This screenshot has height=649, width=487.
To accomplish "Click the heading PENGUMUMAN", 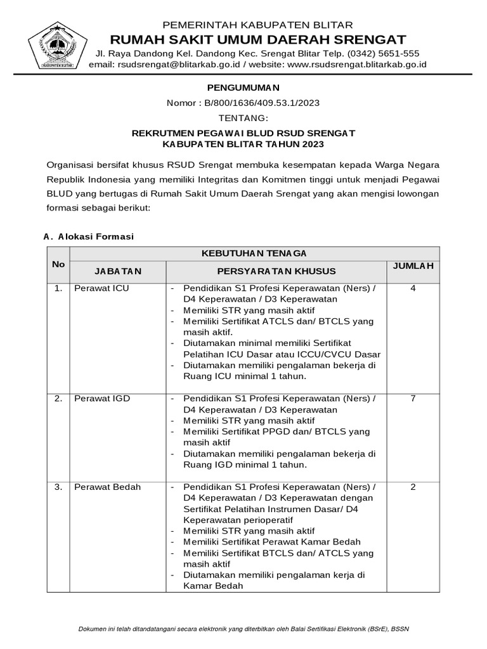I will coord(243,87).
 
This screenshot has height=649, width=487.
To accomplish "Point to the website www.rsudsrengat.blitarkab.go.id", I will coord(357,64).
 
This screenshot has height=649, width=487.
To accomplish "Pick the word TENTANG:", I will coord(243,118).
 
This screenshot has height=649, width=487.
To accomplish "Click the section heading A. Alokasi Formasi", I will coord(89,236).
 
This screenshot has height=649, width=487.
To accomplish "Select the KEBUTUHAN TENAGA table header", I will coord(254,253).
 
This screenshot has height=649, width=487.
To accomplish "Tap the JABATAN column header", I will coord(118,271).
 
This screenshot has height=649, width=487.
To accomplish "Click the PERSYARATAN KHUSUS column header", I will coord(276,271).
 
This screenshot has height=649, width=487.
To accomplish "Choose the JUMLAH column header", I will coord(413,266).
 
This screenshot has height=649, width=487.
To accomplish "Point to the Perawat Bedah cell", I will coord(107,487).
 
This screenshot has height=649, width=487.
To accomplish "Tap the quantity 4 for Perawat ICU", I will coord(413,289).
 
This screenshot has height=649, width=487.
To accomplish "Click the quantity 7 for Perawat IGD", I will coord(413,398).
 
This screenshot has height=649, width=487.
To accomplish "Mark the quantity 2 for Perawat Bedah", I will coord(413,487).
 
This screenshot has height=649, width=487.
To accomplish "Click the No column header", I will coord(58,264).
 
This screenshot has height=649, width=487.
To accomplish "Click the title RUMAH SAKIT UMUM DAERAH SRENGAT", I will coord(259,40).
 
